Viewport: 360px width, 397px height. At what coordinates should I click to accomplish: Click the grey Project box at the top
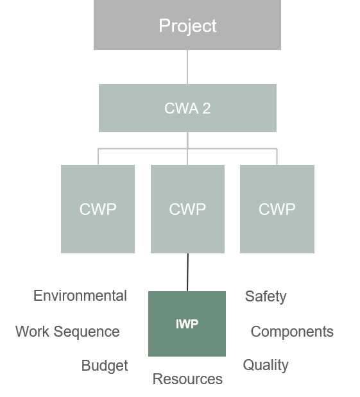coord(187,25)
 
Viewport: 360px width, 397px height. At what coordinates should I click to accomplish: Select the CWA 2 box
coord(187,108)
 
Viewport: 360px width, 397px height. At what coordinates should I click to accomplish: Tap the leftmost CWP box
coord(98,209)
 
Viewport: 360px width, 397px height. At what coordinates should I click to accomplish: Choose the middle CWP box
coord(187,209)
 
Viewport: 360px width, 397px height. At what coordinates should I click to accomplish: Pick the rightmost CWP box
coord(277,209)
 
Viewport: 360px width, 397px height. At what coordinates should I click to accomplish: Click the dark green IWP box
coord(187,324)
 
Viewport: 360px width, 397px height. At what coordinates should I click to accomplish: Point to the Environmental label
coord(80,296)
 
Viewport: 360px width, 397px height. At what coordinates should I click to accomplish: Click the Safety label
coord(266,296)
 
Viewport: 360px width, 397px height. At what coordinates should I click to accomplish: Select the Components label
coord(292,332)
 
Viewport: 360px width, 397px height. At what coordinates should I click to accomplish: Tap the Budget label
coord(105,366)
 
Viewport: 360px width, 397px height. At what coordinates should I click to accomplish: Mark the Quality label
coord(266,365)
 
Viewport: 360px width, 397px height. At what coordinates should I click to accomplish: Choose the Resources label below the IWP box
coord(187,379)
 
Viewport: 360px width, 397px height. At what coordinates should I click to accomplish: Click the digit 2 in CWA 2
coord(207,108)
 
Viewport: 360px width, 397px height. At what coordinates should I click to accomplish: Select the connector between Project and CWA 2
coord(187,67)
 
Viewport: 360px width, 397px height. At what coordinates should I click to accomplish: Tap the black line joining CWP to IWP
coord(187,272)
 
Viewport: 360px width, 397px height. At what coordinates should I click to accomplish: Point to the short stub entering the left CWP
coord(98,157)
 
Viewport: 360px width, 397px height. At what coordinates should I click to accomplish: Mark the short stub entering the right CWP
coord(277,157)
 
